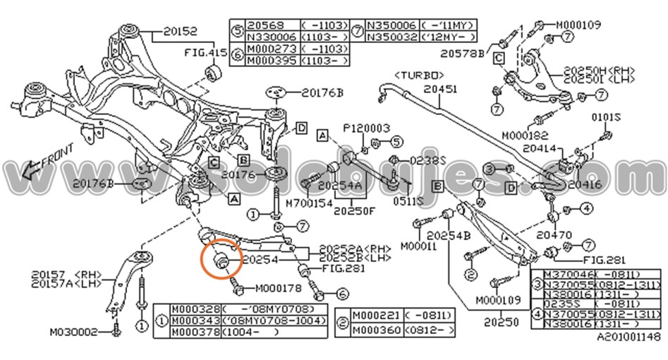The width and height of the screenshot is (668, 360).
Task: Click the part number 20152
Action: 180,31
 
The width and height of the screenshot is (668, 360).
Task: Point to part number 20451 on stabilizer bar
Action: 441,90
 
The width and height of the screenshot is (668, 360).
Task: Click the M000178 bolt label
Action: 278,288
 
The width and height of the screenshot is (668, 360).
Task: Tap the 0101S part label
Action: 605,117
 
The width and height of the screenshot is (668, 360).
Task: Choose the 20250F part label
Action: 357,210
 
